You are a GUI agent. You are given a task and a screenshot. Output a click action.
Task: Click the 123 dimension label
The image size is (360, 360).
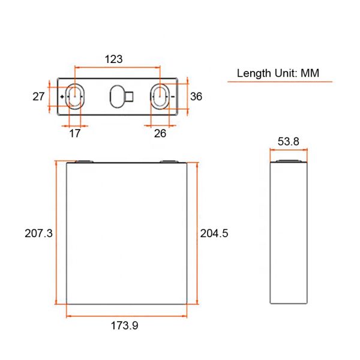click(113, 59)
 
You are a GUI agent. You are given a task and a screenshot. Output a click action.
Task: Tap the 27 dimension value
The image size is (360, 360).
click(38, 96)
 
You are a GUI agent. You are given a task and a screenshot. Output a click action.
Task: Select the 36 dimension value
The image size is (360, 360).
click(196, 96)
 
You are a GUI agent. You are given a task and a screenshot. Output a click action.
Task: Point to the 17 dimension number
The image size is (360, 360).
click(75, 133)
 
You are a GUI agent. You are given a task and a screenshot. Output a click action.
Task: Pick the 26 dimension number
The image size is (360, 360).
click(160, 133)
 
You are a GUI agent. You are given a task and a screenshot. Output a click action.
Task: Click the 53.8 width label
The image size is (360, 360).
click(289, 142)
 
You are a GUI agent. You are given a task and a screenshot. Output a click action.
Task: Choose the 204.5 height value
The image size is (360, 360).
click(214, 233)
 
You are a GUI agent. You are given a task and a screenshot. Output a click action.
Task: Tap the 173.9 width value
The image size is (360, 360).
click(125, 326)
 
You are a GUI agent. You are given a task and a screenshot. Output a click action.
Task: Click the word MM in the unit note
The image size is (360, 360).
click(309, 73)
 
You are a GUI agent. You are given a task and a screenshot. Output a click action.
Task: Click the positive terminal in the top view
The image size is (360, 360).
click(74, 96)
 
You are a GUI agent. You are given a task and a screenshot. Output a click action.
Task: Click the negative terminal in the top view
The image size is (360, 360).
click(160, 96)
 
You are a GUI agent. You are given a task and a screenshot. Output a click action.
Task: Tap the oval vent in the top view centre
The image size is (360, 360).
click(116, 96)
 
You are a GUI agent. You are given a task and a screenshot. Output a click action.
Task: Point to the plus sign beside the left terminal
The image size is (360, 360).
click(63, 96)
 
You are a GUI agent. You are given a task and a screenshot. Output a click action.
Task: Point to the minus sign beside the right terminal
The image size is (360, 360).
click(173, 96)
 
